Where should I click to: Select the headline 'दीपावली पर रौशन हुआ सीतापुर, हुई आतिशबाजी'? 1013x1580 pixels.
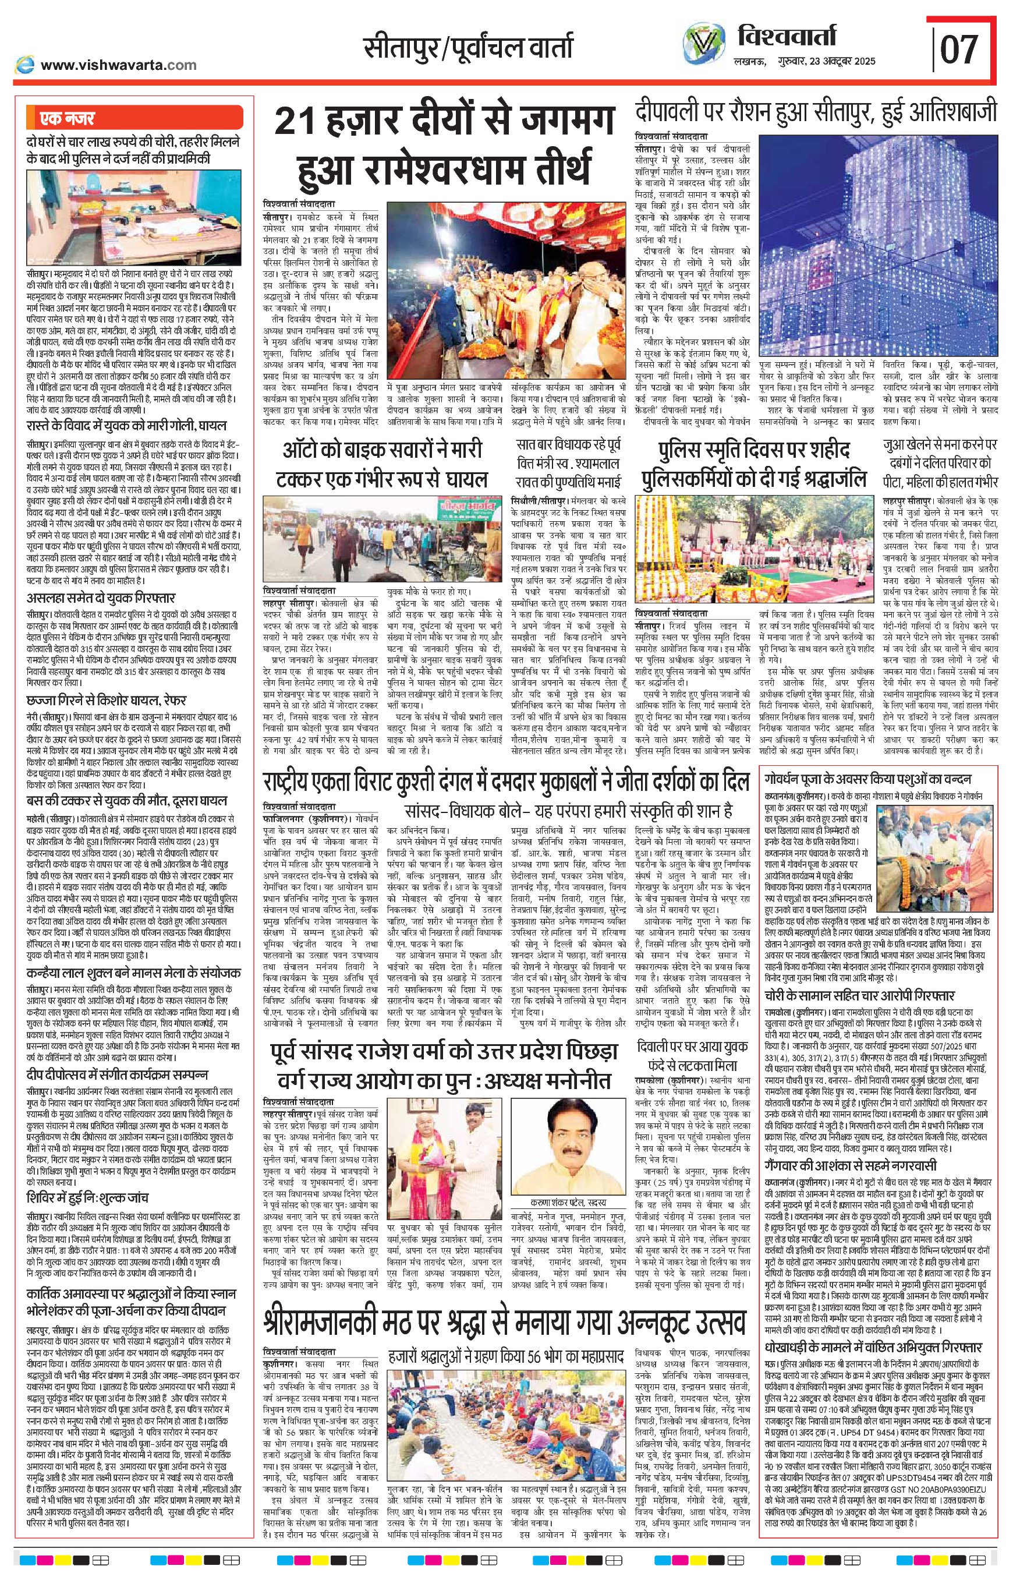816,112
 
